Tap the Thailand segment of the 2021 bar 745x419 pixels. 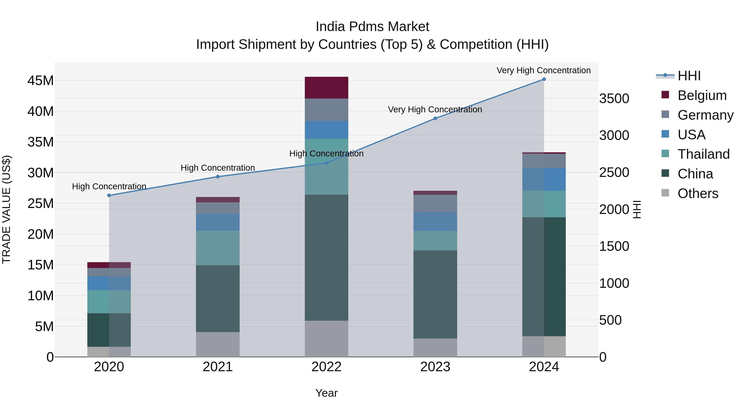click(217, 248)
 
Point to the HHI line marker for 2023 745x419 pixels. click(435, 118)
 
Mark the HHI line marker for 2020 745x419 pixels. click(109, 196)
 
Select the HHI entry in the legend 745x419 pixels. click(689, 76)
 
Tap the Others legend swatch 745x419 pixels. click(665, 193)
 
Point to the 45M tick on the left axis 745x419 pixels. click(41, 80)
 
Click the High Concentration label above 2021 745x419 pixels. click(217, 168)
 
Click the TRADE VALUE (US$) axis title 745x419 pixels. click(6, 209)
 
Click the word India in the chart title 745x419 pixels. click(330, 27)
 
